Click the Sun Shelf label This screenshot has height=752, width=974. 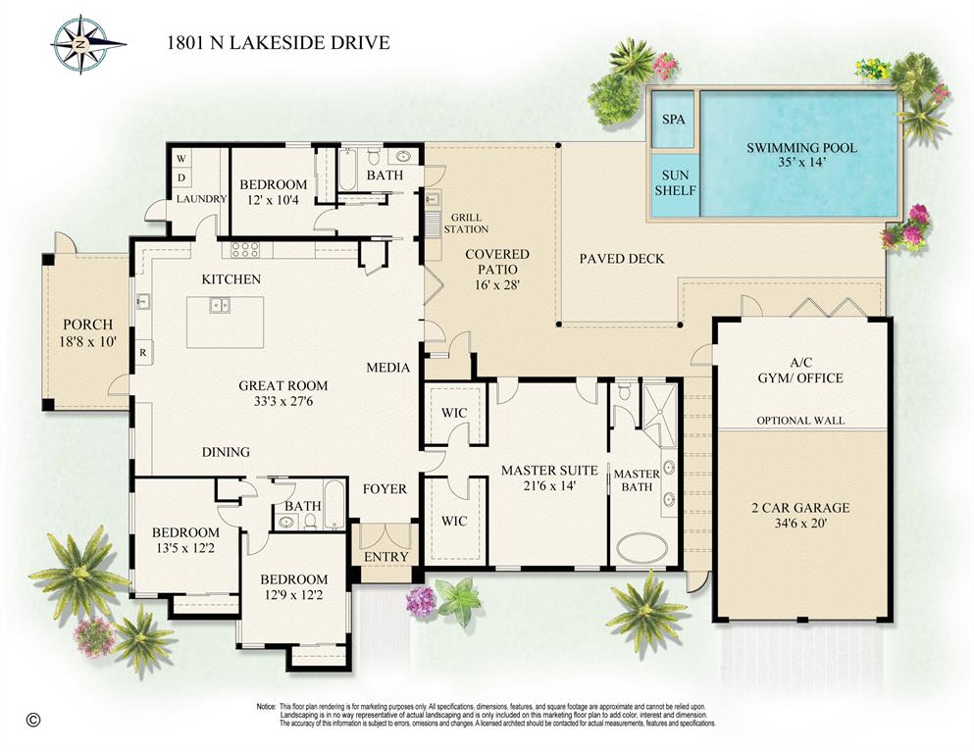point(675,182)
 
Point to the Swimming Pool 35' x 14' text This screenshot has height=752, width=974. point(801,155)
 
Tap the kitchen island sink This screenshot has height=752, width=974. point(219,305)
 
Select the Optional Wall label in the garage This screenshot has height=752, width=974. point(799,421)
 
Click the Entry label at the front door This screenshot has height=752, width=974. point(384,557)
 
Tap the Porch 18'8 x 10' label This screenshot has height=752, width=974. point(87,333)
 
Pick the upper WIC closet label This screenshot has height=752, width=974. point(453,413)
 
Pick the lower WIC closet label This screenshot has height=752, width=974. point(453,521)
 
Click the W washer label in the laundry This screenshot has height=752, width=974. point(180,158)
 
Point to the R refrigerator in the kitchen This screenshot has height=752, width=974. point(143,351)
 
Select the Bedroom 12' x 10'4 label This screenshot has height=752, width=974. point(274,192)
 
